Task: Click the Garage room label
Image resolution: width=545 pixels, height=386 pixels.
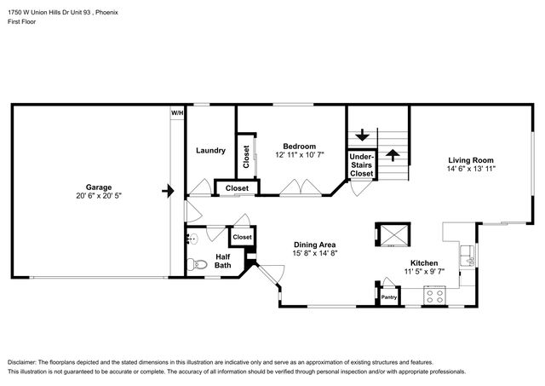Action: point(99,187)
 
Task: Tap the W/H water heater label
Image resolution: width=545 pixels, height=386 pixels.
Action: point(177,113)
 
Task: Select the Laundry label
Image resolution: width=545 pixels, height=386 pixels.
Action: point(210,150)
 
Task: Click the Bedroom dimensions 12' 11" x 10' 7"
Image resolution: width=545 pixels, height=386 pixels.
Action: point(299,155)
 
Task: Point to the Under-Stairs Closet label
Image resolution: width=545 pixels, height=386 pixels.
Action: point(361,164)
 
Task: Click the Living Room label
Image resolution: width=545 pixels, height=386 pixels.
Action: point(471,160)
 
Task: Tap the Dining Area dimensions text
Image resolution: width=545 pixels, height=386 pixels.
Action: point(315,253)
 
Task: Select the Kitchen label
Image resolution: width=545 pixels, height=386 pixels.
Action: point(424,263)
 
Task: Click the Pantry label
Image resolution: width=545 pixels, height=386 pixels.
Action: point(389,297)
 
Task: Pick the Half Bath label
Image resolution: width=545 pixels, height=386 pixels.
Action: point(222,261)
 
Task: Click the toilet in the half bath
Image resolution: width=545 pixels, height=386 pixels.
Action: point(197,265)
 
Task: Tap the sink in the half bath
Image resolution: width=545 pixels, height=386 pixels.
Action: point(192,239)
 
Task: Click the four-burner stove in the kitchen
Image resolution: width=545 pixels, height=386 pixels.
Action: point(435,297)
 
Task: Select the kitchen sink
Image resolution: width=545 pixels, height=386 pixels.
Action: point(468,256)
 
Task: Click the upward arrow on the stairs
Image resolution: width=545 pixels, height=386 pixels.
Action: point(393,155)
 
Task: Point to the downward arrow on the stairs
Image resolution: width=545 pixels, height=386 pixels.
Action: point(362,135)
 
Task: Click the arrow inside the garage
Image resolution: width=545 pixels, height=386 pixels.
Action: point(168,191)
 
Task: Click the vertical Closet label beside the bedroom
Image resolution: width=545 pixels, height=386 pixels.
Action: point(246,157)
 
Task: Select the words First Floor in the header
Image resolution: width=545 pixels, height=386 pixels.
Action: point(21,21)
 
